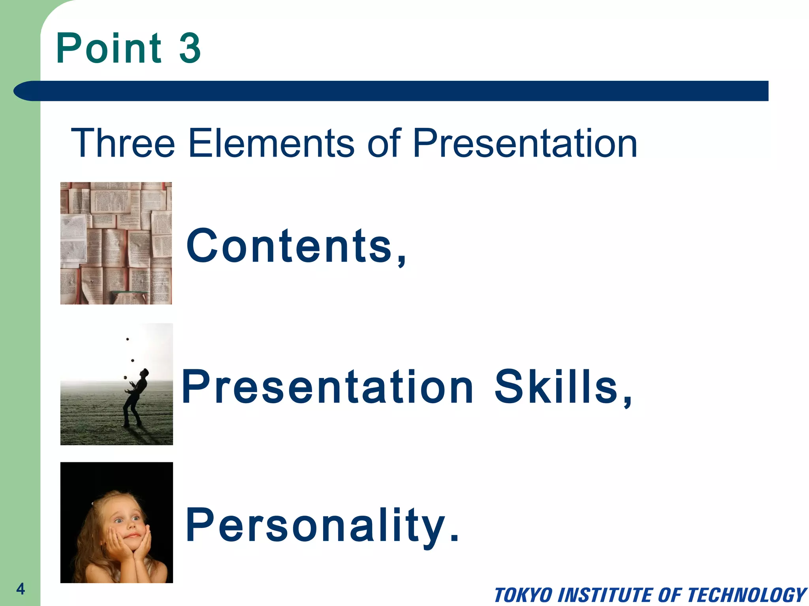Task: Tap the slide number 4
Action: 21,589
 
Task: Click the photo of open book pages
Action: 116,243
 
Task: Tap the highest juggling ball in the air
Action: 128,339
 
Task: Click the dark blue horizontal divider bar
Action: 391,91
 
